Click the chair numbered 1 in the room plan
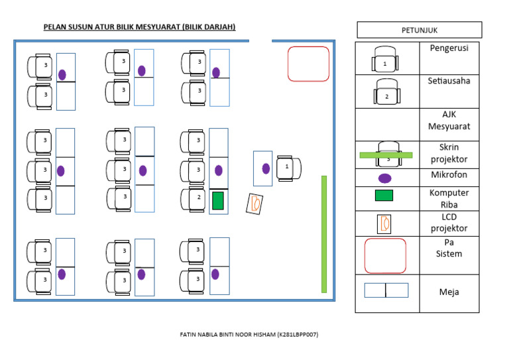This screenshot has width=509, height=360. click(x=288, y=168)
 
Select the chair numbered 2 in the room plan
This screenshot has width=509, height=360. click(x=195, y=198)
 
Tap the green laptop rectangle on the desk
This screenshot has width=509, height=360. click(x=217, y=200)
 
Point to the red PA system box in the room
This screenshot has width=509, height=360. click(x=308, y=64)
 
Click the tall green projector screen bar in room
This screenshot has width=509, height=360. click(x=324, y=233)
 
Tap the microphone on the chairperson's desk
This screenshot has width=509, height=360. click(x=266, y=168)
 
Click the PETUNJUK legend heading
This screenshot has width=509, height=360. click(x=419, y=30)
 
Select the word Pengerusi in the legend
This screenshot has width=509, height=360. click(x=449, y=48)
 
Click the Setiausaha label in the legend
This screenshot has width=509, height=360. click(x=449, y=80)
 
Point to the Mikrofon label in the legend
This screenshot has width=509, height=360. click(x=449, y=175)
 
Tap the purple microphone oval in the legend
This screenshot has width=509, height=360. click(x=385, y=178)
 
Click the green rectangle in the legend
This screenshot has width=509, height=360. click(x=384, y=195)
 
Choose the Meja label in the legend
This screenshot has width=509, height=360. click(x=449, y=292)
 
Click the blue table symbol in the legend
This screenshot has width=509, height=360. click(x=386, y=290)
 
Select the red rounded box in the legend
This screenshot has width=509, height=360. click(x=385, y=256)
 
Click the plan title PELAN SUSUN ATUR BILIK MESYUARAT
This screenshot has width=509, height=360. click(x=139, y=27)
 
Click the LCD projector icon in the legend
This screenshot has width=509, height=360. click(x=384, y=223)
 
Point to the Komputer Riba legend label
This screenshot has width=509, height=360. click(x=449, y=198)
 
